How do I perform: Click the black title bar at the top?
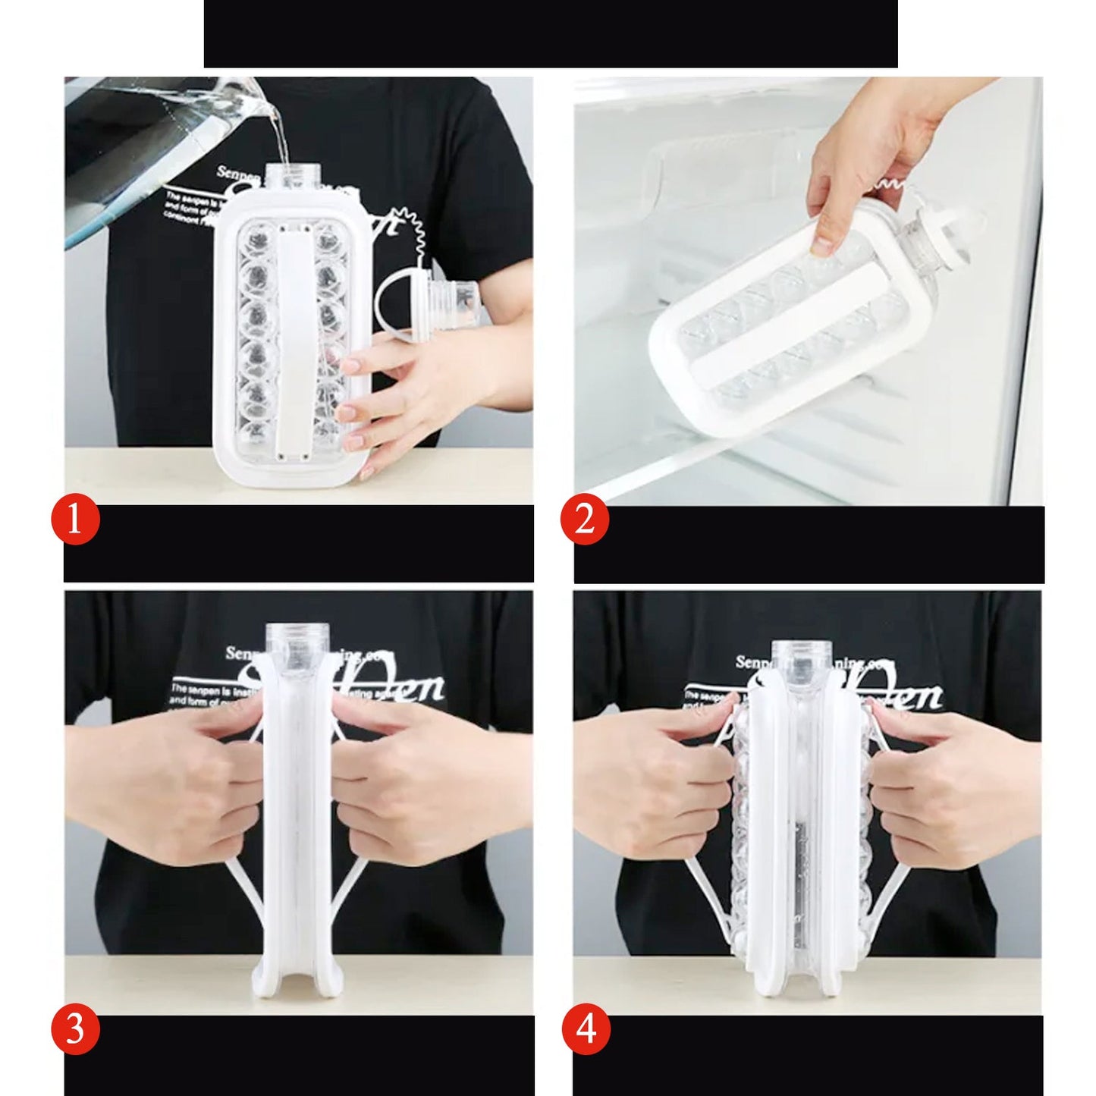click(x=550, y=34)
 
